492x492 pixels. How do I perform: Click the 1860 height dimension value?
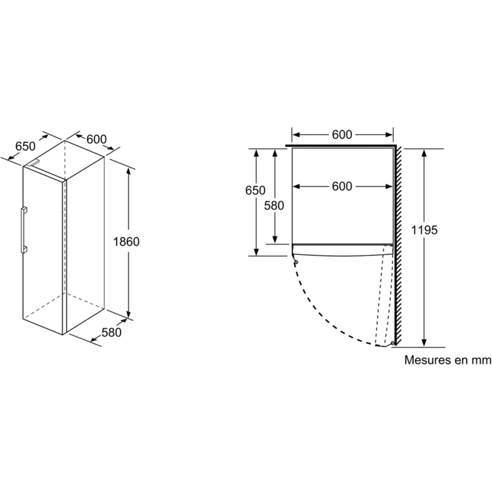pyautogui.click(x=126, y=242)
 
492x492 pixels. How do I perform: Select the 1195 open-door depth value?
pyautogui.click(x=424, y=230)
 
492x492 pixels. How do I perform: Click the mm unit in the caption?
pyautogui.click(x=481, y=360)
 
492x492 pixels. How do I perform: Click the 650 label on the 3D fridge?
pyautogui.click(x=25, y=146)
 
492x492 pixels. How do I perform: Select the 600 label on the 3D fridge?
pyautogui.click(x=96, y=139)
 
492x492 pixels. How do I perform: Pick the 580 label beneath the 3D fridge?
pyautogui.click(x=111, y=332)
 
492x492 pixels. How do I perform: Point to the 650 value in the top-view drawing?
pyautogui.click(x=256, y=190)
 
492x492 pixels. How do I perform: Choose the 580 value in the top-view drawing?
pyautogui.click(x=274, y=205)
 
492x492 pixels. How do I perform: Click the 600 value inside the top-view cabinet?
pyautogui.click(x=342, y=186)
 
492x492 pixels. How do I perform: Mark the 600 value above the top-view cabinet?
pyautogui.click(x=342, y=135)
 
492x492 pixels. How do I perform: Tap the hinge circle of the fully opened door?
pyautogui.click(x=392, y=343)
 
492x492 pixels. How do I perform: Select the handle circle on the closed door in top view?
pyautogui.click(x=295, y=263)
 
